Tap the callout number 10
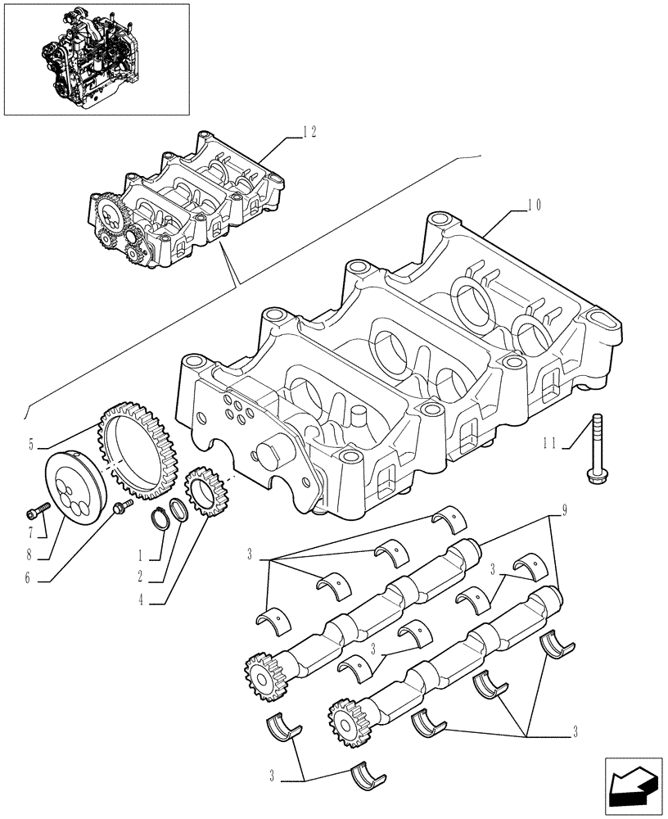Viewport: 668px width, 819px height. coord(534,205)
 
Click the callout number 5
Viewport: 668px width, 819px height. coord(32,446)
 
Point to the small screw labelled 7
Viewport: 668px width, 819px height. coord(34,514)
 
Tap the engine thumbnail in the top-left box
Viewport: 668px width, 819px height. coord(96,59)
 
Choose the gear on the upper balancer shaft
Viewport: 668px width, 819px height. coord(261,674)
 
